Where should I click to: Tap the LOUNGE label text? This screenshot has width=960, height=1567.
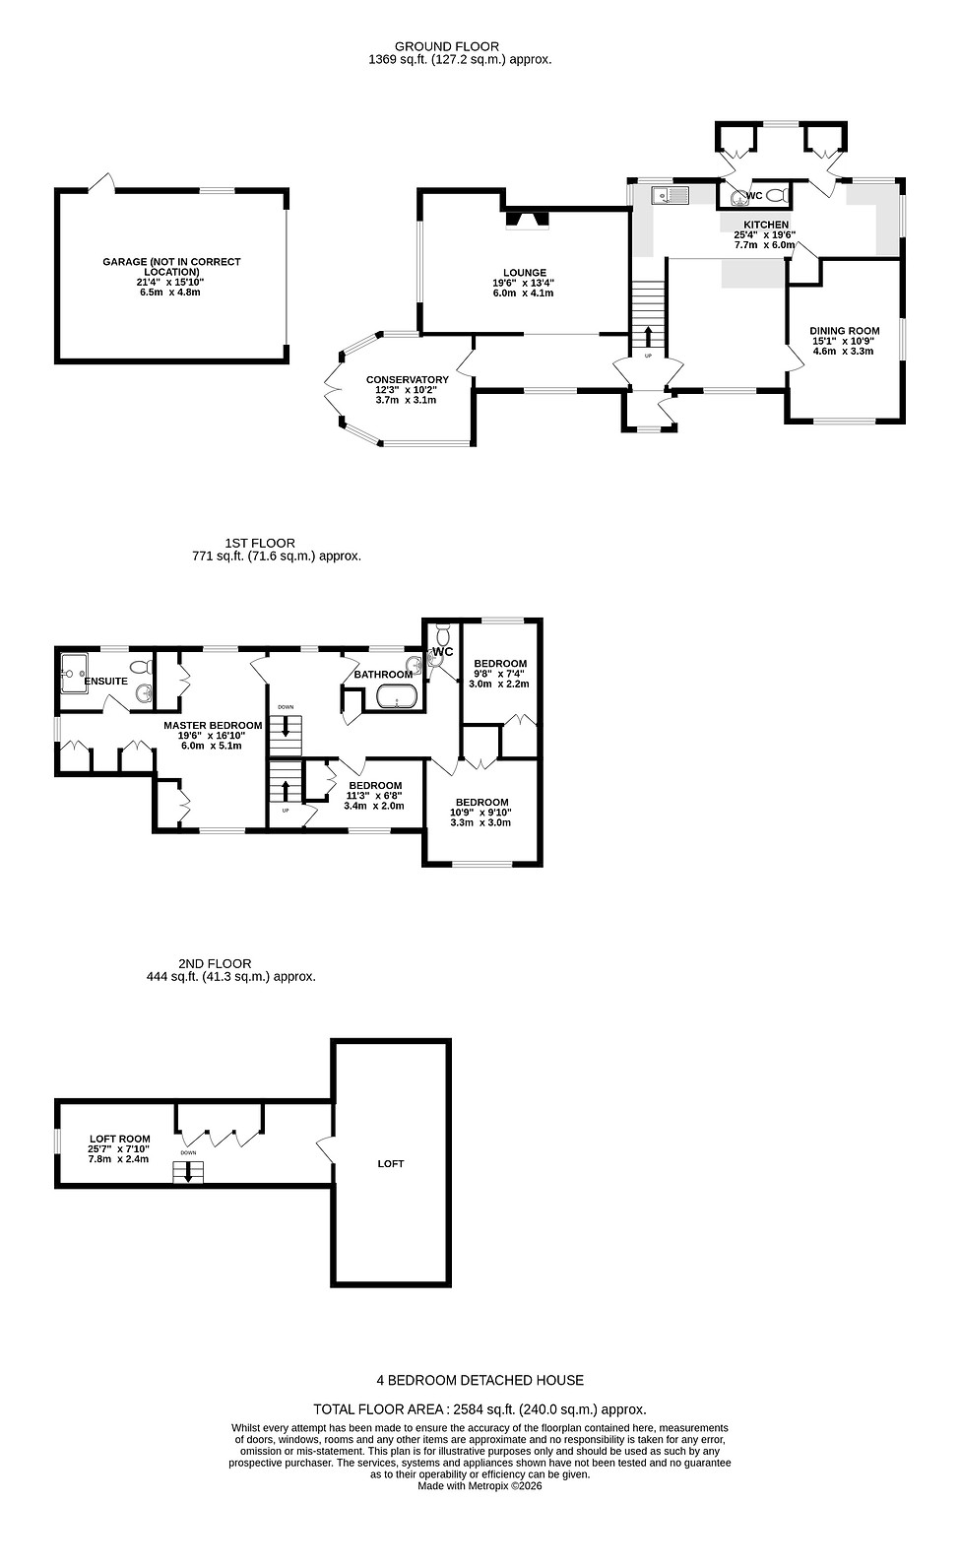pos(524,273)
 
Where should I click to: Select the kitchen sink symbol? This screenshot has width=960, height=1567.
pos(673,195)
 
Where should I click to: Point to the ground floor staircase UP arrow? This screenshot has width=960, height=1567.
pos(648,338)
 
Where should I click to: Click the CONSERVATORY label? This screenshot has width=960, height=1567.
pos(407,380)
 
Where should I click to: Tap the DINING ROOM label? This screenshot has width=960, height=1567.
pos(844,331)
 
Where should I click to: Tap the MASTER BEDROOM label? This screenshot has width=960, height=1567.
pos(213,726)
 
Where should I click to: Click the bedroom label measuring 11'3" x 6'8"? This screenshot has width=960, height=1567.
pos(374,786)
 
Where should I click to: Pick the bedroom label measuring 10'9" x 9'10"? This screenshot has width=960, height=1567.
pos(481,802)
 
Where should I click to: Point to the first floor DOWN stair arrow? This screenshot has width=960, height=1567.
pos(286,727)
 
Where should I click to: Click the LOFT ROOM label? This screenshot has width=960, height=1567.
pos(119,1139)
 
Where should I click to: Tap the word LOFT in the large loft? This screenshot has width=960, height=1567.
pos(391,1164)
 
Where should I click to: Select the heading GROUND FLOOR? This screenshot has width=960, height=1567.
pos(446,46)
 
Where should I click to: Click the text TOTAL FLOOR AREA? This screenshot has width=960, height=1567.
pos(380,1409)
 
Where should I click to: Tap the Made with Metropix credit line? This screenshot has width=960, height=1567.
pos(480,1486)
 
